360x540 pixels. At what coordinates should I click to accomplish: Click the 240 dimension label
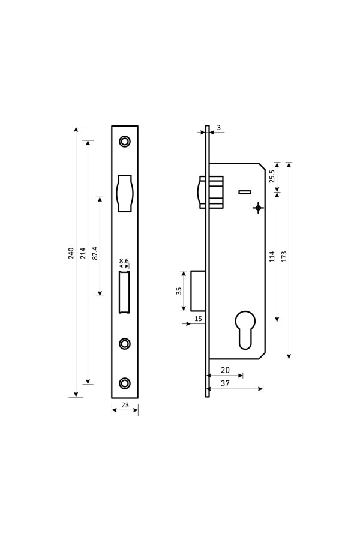(x=71, y=253)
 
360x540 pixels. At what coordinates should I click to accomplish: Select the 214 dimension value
(x=83, y=253)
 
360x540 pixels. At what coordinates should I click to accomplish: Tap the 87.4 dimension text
(x=95, y=253)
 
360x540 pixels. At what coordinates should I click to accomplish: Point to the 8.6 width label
(x=124, y=262)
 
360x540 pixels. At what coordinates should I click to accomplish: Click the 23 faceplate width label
(x=125, y=406)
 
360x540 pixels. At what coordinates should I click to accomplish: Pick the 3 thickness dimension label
(x=219, y=128)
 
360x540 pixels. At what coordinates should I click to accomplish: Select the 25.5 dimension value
(x=272, y=176)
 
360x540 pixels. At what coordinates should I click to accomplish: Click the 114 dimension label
(x=272, y=257)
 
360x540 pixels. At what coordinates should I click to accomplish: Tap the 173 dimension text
(x=284, y=257)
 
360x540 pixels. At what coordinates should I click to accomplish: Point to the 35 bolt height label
(x=178, y=291)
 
